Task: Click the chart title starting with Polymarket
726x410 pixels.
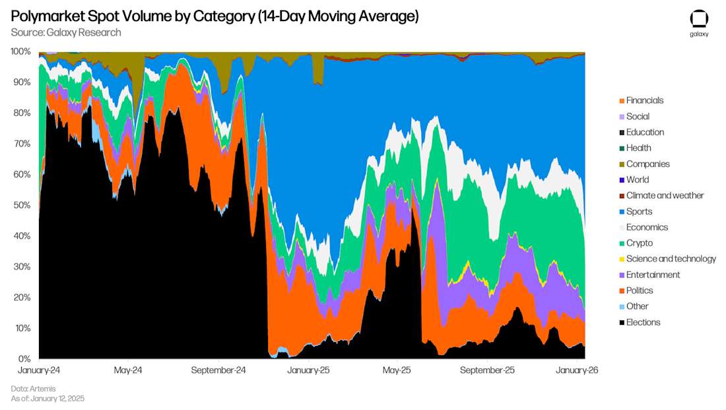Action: tap(214, 16)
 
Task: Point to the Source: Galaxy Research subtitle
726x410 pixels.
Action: tap(66, 32)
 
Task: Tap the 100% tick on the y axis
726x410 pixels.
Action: tap(20, 51)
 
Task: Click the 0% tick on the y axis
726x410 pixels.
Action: tap(24, 359)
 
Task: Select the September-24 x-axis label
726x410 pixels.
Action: tap(218, 371)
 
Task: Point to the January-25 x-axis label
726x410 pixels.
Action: tap(308, 371)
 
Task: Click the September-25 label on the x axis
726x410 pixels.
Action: tap(486, 371)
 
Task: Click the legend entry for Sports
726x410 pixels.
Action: tap(639, 211)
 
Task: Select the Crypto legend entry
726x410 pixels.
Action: tap(639, 243)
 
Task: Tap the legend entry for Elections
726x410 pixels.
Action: tap(643, 322)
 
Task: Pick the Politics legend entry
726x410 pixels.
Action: tap(639, 290)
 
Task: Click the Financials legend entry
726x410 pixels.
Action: tap(644, 100)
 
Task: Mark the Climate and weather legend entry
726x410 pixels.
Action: tap(665, 195)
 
